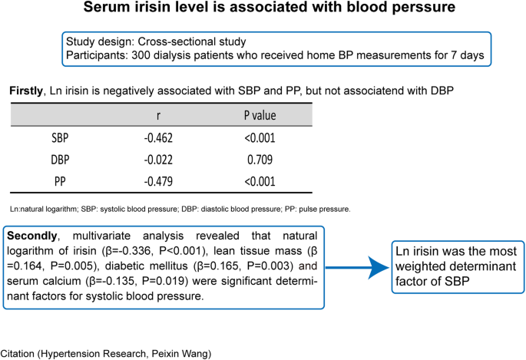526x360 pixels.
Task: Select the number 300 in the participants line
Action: click(136, 55)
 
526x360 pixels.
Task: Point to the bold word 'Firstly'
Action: click(27, 91)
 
